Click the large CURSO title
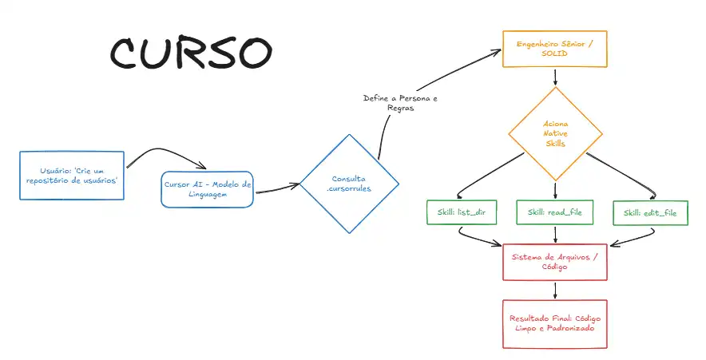[191, 53]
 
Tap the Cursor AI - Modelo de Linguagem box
[207, 189]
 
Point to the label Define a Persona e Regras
[400, 103]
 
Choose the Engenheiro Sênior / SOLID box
[555, 49]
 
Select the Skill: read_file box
[554, 213]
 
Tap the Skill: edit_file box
[650, 213]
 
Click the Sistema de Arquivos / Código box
[554, 262]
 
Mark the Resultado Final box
[554, 323]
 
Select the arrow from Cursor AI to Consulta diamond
[276, 188]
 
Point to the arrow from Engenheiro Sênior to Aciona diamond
[555, 77]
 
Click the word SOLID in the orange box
[555, 54]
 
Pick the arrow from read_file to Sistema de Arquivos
[554, 235]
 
